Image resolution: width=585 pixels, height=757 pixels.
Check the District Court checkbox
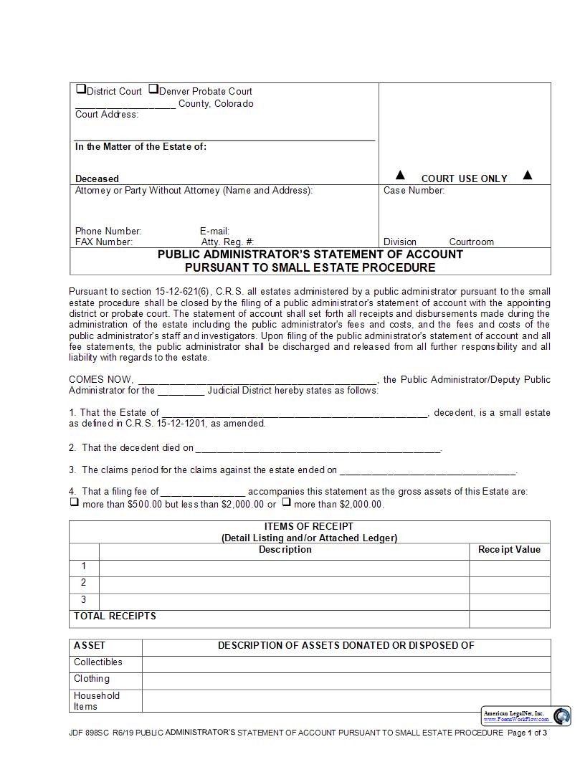tap(81, 90)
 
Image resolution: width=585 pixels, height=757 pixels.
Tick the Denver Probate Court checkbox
tap(153, 90)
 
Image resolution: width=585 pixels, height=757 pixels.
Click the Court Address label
tap(107, 115)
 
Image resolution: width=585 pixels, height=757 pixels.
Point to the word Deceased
tap(97, 178)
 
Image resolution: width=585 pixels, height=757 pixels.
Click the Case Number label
tap(414, 191)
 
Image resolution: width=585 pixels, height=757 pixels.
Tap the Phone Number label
tap(108, 231)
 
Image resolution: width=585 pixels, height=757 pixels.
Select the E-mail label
tap(214, 231)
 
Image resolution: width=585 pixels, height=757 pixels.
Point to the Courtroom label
tap(471, 242)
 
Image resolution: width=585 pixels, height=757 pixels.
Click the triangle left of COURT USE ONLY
tap(401, 175)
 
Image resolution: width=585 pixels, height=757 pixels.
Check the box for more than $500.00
tap(74, 503)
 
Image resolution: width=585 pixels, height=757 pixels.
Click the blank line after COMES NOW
tap(257, 380)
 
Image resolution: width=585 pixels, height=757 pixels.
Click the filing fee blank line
tap(204, 492)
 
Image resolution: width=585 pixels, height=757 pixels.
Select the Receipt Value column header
tap(509, 550)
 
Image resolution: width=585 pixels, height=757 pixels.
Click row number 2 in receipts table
tap(84, 583)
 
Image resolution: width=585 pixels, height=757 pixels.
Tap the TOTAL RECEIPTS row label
tap(115, 616)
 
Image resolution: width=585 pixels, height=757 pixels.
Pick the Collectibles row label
tap(98, 662)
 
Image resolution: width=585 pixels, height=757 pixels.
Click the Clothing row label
tap(92, 679)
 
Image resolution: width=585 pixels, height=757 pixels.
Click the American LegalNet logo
tap(562, 715)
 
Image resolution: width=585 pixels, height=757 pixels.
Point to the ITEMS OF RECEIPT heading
tap(309, 526)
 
